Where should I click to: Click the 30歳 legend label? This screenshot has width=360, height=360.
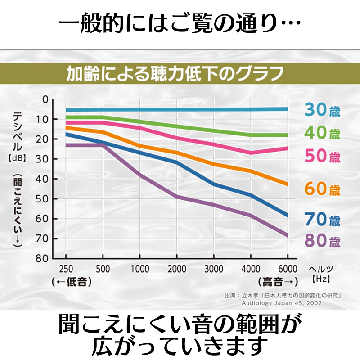click(322, 110)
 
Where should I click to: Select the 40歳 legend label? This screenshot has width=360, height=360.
click(322, 133)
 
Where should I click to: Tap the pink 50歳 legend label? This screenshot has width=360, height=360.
click(322, 156)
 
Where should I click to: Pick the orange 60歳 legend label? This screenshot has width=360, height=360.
click(322, 189)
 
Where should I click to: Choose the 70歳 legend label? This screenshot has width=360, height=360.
click(322, 220)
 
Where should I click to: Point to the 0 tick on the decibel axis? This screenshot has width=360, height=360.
click(45, 99)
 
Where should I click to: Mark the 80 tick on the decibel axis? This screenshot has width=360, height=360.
click(43, 259)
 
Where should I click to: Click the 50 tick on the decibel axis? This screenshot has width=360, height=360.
click(43, 199)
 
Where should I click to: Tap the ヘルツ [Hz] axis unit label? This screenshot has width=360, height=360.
click(320, 274)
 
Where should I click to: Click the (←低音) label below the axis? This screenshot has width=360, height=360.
click(72, 282)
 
